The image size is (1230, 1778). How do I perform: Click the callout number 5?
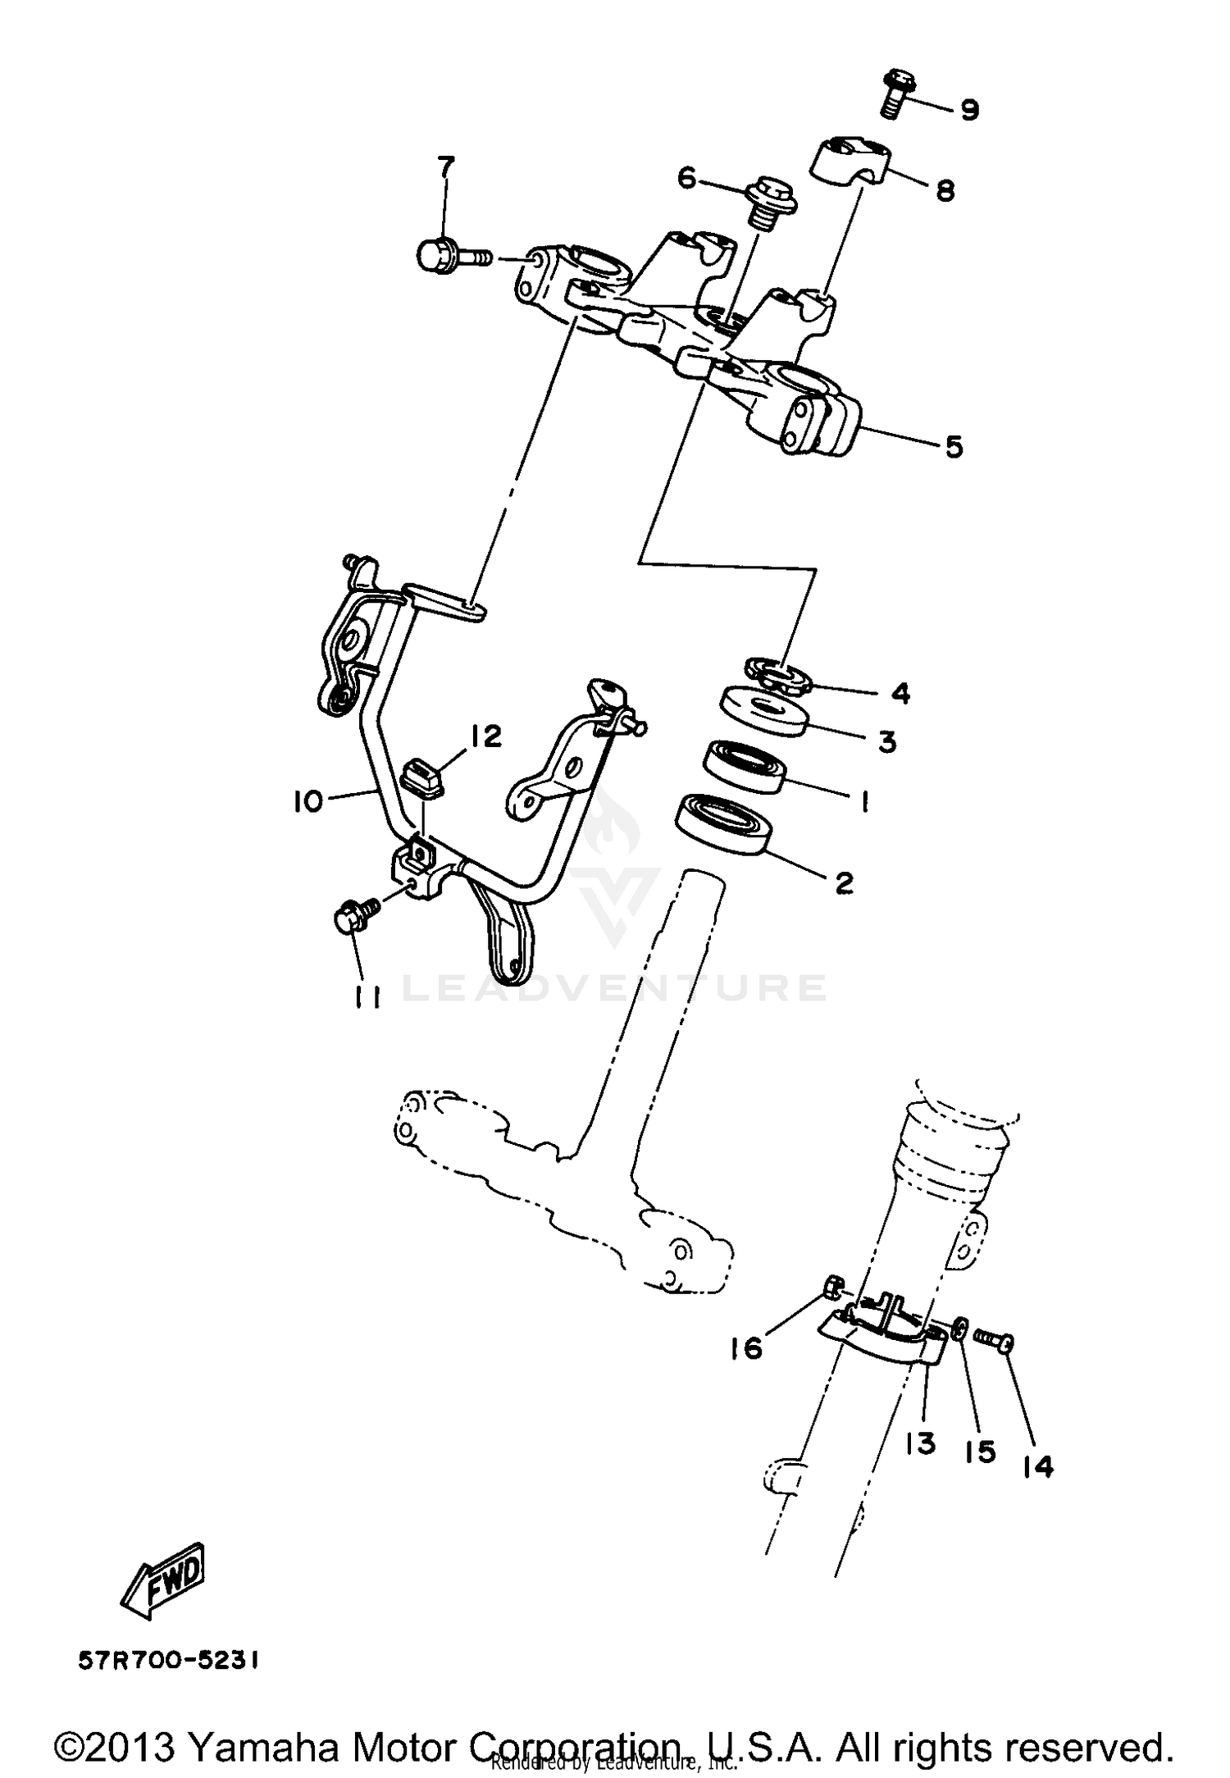954,447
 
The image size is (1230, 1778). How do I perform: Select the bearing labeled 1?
745,767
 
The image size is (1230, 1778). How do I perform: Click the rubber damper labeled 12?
423,777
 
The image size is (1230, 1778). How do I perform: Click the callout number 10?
308,801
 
